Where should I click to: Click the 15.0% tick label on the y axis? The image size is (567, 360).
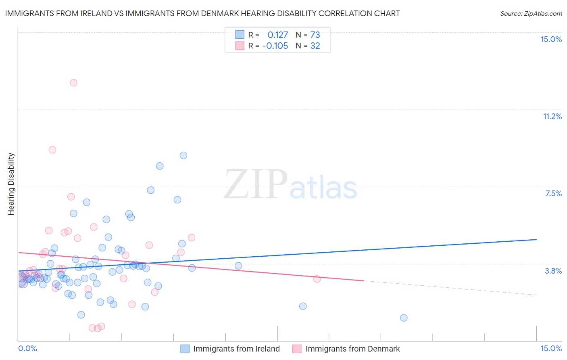click(x=551, y=39)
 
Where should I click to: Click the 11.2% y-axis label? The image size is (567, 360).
click(x=552, y=116)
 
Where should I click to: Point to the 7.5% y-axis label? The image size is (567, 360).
click(x=553, y=193)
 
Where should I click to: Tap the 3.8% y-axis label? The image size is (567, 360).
click(x=553, y=271)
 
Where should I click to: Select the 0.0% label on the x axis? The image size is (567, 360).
click(x=27, y=348)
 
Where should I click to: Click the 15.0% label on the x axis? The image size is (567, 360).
click(x=551, y=348)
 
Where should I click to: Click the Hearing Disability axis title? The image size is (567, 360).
click(x=11, y=184)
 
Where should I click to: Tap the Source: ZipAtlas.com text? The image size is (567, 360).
click(x=531, y=13)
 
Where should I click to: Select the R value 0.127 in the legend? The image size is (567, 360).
click(x=277, y=35)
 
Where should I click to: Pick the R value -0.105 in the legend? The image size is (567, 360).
click(x=275, y=46)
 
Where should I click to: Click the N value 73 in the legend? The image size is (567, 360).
click(x=315, y=35)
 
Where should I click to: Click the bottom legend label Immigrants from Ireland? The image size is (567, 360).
click(x=236, y=349)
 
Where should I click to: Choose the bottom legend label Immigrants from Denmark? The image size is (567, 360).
click(x=352, y=349)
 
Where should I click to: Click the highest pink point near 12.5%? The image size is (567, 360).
click(x=73, y=83)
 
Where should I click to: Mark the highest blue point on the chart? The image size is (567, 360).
click(x=183, y=155)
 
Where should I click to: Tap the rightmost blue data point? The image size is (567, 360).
click(x=404, y=318)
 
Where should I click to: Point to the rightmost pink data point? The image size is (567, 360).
click(x=317, y=279)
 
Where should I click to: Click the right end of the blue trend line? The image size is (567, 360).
click(x=536, y=239)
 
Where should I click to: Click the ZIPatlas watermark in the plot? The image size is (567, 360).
click(x=290, y=185)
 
